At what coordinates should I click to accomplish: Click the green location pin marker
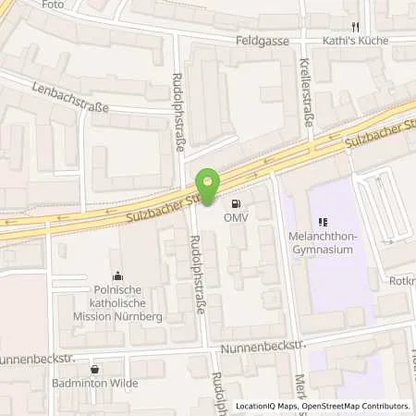click(x=209, y=188)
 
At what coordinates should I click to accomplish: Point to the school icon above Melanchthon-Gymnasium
click(x=323, y=222)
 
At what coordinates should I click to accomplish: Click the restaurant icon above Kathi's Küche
click(x=354, y=28)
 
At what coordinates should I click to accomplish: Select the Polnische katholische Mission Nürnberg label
click(x=116, y=300)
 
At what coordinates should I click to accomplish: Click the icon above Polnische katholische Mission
click(x=116, y=275)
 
